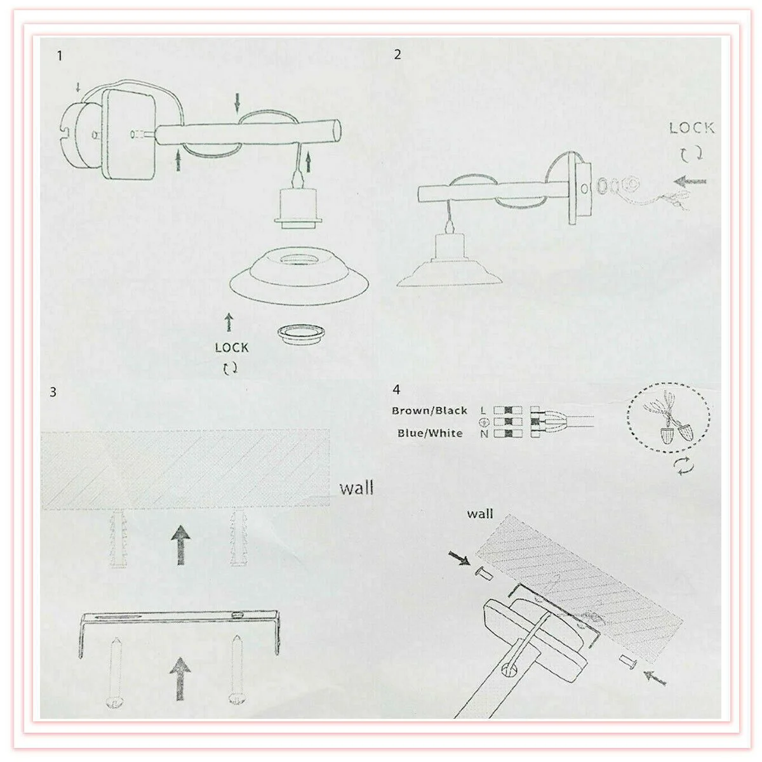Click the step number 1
[x=60, y=56]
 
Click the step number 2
[x=398, y=54]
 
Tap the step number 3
[x=53, y=392]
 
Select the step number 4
[x=396, y=389]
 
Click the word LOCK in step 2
[x=692, y=128]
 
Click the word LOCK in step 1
[x=232, y=347]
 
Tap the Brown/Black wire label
[x=429, y=411]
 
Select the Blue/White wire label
[x=431, y=433]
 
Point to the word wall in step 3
[x=356, y=488]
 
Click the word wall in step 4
[x=479, y=514]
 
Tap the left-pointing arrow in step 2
[x=690, y=181]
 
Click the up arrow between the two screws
[x=180, y=679]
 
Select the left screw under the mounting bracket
[x=116, y=672]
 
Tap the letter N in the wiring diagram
[x=484, y=434]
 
